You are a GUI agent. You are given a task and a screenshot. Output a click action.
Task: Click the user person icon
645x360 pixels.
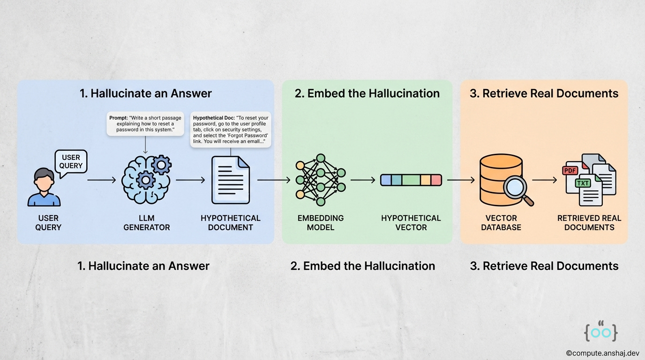point(44,187)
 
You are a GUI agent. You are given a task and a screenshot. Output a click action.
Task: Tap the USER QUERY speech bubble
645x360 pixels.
point(71,161)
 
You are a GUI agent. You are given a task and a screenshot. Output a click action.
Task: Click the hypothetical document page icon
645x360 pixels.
point(230,180)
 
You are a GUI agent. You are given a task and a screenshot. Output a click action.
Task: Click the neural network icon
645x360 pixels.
point(321,180)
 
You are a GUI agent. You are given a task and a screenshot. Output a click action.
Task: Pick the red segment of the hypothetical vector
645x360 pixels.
point(436,180)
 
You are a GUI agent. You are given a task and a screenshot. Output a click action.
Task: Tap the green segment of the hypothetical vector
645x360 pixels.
point(410,180)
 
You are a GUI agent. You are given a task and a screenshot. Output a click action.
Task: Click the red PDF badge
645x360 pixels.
point(570,171)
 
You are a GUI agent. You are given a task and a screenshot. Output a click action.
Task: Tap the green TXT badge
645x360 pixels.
point(583,183)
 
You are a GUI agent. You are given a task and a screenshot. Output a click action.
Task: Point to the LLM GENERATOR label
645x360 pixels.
point(146,223)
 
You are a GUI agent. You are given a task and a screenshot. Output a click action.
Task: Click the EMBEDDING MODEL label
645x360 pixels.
point(321,223)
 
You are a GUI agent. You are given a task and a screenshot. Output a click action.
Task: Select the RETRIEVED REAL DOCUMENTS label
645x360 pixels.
point(589,223)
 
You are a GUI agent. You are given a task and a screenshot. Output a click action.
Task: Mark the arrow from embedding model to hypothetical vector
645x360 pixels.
point(363,180)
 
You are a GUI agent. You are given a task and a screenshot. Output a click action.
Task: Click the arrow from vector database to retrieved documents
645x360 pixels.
point(544,180)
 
